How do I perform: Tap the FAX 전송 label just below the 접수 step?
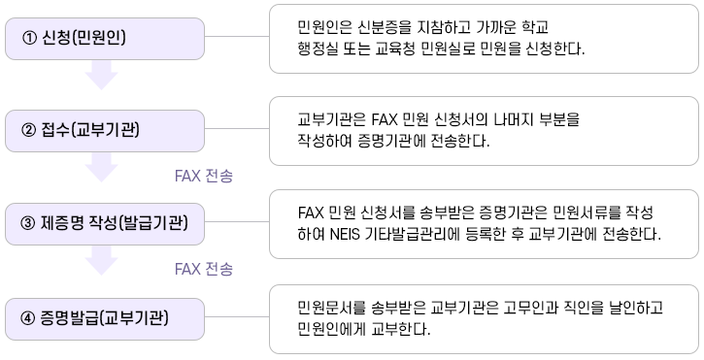pyautogui.click(x=203, y=176)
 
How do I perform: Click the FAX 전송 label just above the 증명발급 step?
pyautogui.click(x=203, y=269)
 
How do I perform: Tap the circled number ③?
pyautogui.click(x=27, y=224)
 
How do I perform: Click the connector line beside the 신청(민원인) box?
pyautogui.click(x=237, y=39)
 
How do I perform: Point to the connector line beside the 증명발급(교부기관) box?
pyautogui.click(x=237, y=318)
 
